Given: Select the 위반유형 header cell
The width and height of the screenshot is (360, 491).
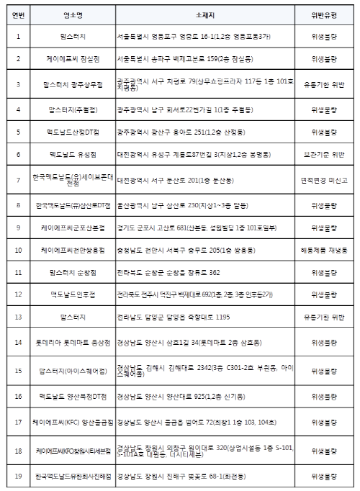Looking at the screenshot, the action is click(325, 14).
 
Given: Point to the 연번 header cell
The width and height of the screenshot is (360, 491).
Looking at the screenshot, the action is click(18, 14).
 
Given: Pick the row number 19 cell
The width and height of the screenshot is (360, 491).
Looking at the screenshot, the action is click(18, 476).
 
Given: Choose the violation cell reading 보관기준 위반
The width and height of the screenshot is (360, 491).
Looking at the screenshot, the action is click(325, 154).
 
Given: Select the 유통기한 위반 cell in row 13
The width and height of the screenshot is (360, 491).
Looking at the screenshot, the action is click(325, 315).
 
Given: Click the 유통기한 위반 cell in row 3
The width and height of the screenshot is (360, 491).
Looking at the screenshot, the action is click(325, 84).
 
